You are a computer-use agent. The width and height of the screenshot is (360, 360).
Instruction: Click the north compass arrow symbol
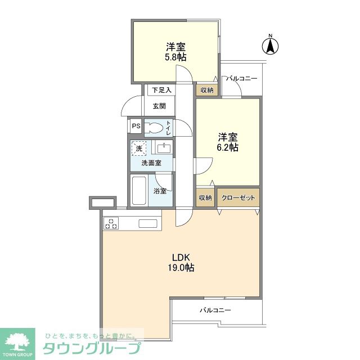click(x=271, y=46)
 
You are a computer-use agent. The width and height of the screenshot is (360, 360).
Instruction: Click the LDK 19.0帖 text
click(x=181, y=263)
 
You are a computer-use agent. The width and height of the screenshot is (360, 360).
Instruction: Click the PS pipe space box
click(x=136, y=126)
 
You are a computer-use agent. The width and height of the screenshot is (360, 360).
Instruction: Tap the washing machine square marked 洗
click(x=139, y=148)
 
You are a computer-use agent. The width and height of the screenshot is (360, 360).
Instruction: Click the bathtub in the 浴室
click(x=139, y=190)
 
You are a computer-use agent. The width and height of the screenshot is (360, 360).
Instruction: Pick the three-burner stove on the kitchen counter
click(x=111, y=224)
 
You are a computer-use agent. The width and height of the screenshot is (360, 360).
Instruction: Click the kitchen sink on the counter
click(x=148, y=224)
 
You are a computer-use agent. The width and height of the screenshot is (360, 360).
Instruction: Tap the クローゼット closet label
click(x=238, y=197)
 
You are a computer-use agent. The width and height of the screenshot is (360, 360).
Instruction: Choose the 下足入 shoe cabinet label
click(x=161, y=90)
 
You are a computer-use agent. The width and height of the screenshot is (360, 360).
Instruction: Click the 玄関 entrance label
click(x=159, y=106)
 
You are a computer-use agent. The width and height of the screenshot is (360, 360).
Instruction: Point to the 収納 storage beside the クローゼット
click(x=205, y=197)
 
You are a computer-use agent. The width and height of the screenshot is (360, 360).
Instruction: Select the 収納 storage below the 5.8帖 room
click(x=207, y=90)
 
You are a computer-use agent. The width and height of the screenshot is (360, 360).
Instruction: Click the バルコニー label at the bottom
click(x=215, y=310)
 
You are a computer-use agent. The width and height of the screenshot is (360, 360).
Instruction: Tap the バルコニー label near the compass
click(x=241, y=79)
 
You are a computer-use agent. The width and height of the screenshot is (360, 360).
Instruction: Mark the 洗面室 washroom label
click(x=151, y=163)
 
